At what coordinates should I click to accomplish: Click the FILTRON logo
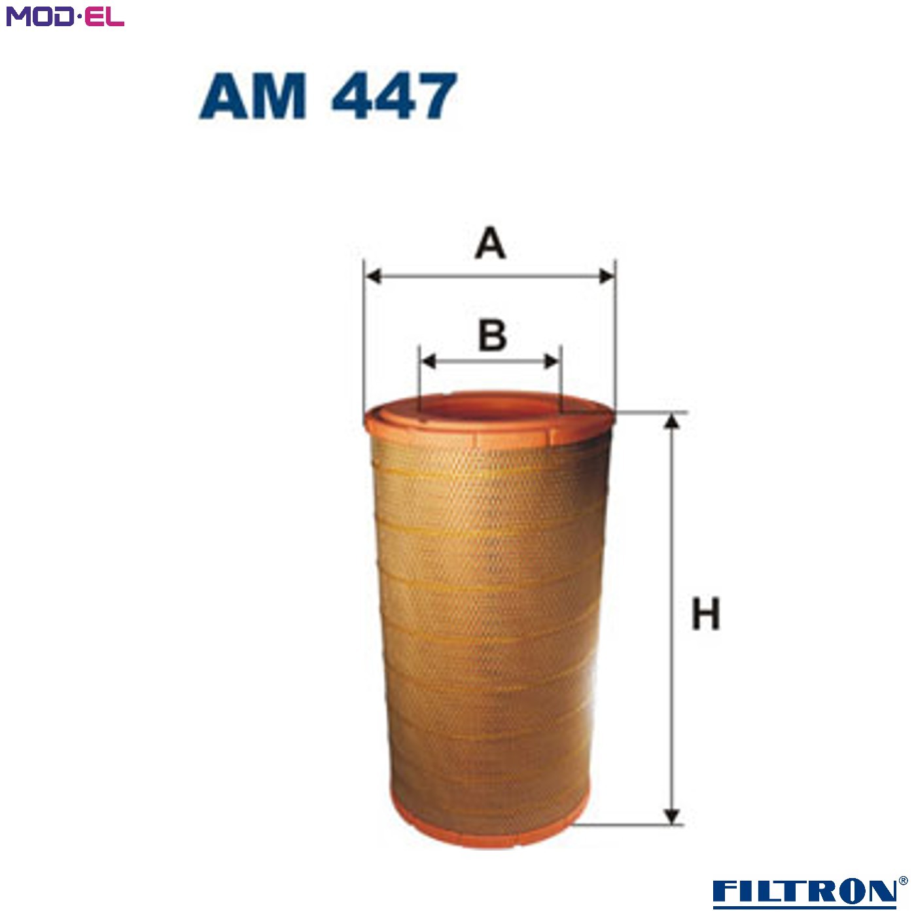point(804,891)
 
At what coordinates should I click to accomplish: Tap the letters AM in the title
point(253,96)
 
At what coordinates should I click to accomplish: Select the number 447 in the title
point(393,96)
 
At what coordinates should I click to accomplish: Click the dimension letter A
point(490,245)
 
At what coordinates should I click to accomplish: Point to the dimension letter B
point(492,335)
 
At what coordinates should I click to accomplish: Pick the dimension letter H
point(705,614)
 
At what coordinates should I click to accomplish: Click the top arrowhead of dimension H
point(671,423)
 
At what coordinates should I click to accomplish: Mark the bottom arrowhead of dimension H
point(671,815)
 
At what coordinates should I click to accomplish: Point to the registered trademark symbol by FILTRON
point(904,881)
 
